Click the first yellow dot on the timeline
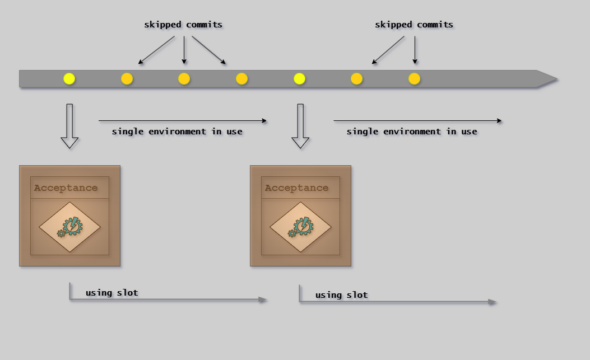(69, 79)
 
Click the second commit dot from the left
(127, 79)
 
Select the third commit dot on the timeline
(184, 79)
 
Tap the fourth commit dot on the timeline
(241, 79)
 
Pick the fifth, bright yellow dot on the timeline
(299, 79)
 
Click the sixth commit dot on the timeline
(356, 79)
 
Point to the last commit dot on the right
(414, 79)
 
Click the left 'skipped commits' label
(183, 25)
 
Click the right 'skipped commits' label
(414, 25)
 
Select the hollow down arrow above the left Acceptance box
(69, 127)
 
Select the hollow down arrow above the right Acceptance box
(300, 127)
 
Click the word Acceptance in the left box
(66, 188)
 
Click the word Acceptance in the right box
(296, 188)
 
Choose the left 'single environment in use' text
(177, 132)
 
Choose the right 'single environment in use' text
(412, 132)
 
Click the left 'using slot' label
(112, 293)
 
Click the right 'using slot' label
(341, 295)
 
